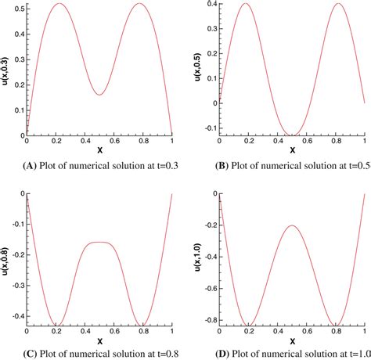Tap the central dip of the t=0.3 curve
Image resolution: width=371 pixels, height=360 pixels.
point(99,95)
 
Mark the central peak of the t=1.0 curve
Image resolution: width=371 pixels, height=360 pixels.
point(292,225)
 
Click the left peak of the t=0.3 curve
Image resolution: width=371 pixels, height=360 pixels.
point(59,4)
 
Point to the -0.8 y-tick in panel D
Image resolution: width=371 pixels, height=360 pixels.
point(207,320)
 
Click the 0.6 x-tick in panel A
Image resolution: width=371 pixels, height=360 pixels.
point(116,141)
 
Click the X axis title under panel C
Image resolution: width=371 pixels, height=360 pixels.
point(99,341)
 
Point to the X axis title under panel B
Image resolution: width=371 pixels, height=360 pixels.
point(292,149)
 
